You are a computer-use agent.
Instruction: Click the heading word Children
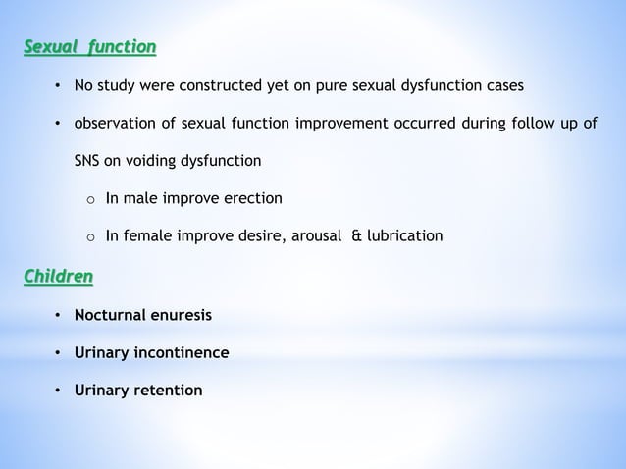coord(59,277)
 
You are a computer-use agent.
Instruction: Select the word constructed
coord(209,85)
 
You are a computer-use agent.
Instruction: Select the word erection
coord(251,199)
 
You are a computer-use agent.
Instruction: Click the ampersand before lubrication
coord(356,236)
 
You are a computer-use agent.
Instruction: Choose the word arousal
coord(312,236)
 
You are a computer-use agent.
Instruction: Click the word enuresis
coord(182,315)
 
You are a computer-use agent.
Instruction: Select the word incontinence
coord(181,352)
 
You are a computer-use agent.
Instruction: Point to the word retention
coord(168,391)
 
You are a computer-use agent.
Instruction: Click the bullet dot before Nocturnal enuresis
coord(58,315)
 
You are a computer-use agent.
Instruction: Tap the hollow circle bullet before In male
coord(89,200)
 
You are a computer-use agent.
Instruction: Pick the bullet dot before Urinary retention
coord(58,391)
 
